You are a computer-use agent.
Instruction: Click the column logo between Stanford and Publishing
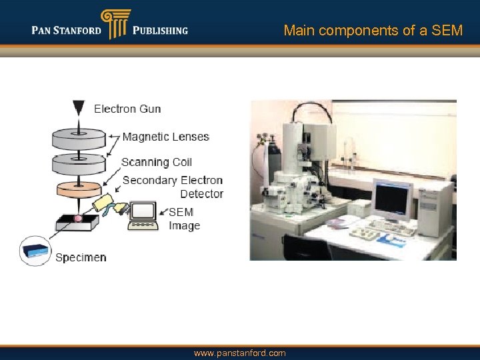tap(115, 24)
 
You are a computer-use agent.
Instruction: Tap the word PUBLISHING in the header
tap(160, 30)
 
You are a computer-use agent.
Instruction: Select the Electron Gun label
tap(127, 109)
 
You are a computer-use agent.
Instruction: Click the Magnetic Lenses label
tap(166, 137)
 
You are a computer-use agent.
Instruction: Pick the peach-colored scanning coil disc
tap(79, 189)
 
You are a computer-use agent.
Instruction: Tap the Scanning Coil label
tap(157, 162)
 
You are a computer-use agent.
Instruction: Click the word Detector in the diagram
tap(201, 194)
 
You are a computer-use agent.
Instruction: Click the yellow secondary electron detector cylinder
tap(105, 204)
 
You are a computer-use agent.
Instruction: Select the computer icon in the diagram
tap(143, 215)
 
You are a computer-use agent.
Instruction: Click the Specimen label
tap(81, 257)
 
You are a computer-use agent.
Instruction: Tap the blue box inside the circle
tap(35, 251)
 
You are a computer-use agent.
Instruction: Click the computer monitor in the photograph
tap(392, 199)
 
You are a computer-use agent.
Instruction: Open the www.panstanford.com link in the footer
tap(239, 353)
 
